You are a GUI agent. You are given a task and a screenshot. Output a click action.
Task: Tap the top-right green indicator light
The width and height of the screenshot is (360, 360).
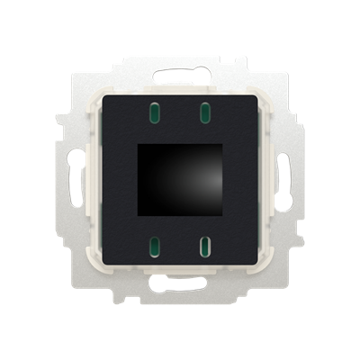203,112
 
